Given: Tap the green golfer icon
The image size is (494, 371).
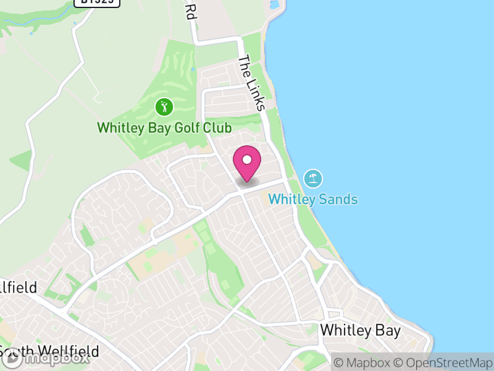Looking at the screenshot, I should (164, 107).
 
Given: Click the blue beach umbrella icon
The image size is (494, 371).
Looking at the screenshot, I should (313, 179).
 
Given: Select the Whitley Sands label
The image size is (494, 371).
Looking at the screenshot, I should (313, 200).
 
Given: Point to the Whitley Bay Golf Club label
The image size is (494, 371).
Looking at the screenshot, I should (164, 129).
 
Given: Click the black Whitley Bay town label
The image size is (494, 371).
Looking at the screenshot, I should (360, 330).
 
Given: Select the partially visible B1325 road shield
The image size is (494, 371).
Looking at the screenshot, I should (97, 2).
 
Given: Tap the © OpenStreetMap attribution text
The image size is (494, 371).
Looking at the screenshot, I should (444, 362).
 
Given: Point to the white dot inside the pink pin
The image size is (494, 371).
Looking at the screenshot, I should (247, 160).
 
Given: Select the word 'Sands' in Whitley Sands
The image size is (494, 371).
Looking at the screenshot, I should (338, 200).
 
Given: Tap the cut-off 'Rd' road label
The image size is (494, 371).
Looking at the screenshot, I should (191, 11).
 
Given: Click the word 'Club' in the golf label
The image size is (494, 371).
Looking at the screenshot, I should (219, 129).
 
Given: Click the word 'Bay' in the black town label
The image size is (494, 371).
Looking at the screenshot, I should (387, 330).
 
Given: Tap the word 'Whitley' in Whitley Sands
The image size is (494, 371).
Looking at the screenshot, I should (292, 200).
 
